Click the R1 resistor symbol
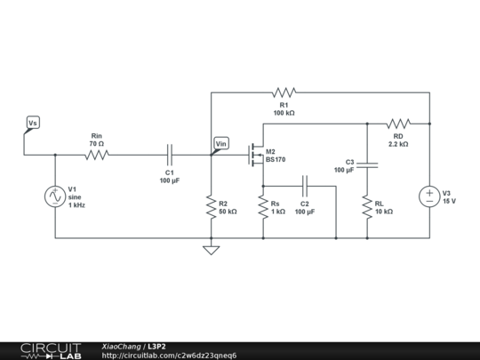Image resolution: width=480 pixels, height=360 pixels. click(284, 92)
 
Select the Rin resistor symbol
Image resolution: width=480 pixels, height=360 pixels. click(96, 155)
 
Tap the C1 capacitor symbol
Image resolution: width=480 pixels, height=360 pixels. click(169, 155)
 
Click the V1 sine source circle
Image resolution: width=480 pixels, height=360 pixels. click(55, 196)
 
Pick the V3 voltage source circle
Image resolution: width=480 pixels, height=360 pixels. click(429, 196)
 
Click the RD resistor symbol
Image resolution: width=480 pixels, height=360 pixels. click(398, 123)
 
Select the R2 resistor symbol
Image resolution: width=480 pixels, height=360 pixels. click(211, 206)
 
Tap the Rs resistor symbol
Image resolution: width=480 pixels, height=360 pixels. click(263, 206)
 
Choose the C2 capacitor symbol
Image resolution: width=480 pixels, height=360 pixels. click(304, 186)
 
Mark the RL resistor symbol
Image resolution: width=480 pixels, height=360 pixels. click(367, 206)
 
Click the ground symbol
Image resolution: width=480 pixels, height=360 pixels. click(211, 250)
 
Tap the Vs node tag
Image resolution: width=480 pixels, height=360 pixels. click(32, 123)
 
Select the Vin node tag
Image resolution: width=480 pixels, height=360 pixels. click(221, 143)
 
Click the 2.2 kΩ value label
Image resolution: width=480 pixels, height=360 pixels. click(398, 143)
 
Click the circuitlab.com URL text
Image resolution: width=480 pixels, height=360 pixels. click(169, 356)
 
